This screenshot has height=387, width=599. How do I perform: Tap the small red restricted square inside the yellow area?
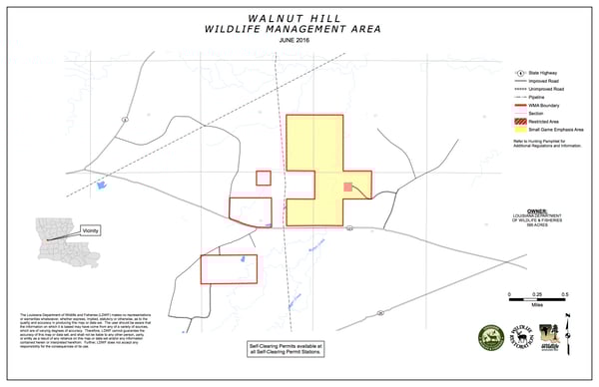[347, 187]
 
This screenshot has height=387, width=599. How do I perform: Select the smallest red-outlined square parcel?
[264, 178]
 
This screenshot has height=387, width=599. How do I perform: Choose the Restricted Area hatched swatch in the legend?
[521, 122]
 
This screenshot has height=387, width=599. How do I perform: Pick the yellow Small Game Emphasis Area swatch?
[521, 130]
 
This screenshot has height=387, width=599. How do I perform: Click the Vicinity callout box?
[93, 229]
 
